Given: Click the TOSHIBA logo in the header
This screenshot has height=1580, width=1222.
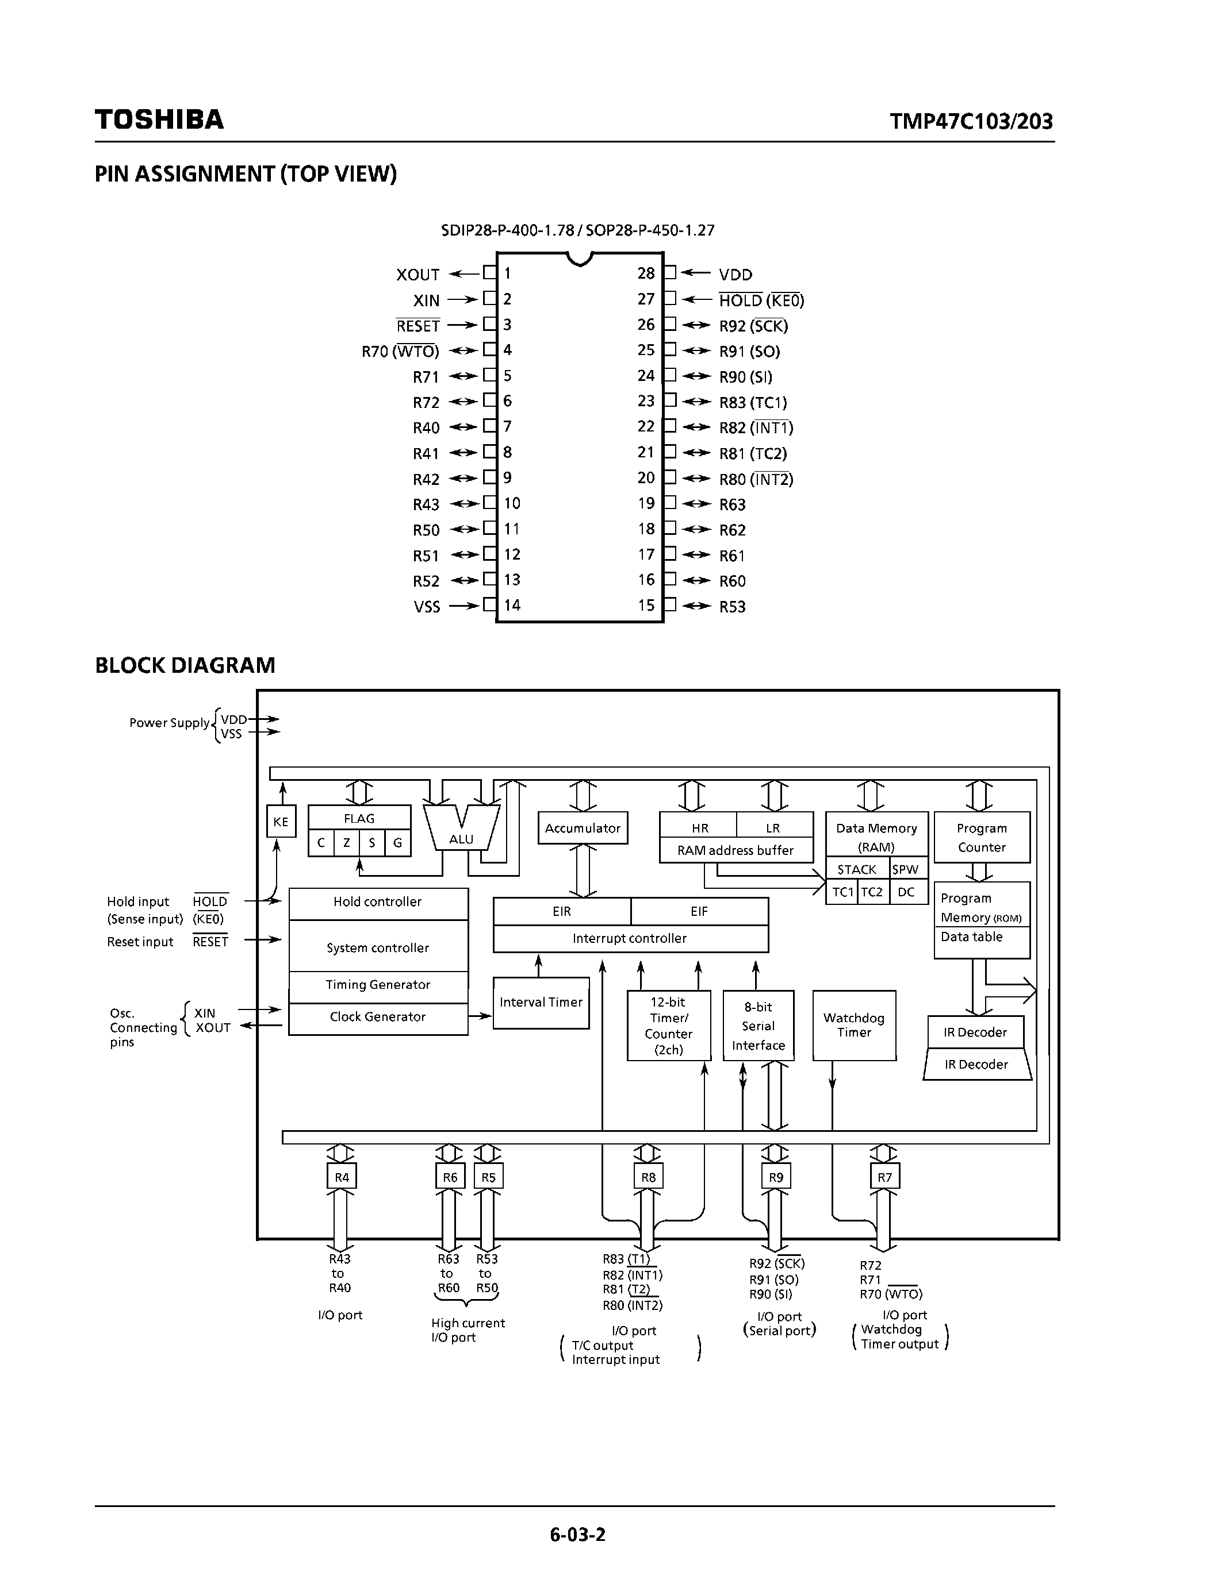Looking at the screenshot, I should (159, 120).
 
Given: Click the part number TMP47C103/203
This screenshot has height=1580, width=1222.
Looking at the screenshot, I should (971, 121).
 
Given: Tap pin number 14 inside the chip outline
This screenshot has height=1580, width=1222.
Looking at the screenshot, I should (512, 606).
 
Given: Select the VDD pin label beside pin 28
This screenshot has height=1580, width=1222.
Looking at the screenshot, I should (736, 275).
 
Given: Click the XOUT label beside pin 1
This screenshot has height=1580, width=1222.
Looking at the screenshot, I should (417, 275).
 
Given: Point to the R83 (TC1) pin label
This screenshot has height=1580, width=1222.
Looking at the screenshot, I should (753, 402).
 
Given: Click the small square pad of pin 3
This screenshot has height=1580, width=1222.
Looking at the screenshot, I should (490, 324).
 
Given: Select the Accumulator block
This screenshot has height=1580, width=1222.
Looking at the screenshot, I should (583, 828).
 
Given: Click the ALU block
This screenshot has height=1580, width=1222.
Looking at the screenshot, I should (461, 832).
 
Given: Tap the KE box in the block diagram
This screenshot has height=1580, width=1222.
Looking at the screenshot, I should (281, 822).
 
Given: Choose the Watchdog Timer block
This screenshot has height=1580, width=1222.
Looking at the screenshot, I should (854, 1025).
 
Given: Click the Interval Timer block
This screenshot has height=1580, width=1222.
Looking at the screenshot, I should (541, 1003).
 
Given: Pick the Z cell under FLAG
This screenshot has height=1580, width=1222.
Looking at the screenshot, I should (347, 843).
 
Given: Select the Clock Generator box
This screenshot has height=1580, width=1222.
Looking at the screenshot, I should (378, 1017).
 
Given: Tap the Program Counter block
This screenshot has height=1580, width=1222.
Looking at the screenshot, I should (982, 838).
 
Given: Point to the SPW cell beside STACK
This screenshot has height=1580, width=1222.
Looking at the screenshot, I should (905, 870).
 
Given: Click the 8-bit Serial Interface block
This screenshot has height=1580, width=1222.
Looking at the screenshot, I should (758, 1026).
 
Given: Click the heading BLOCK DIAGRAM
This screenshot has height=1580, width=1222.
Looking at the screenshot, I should (185, 665).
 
